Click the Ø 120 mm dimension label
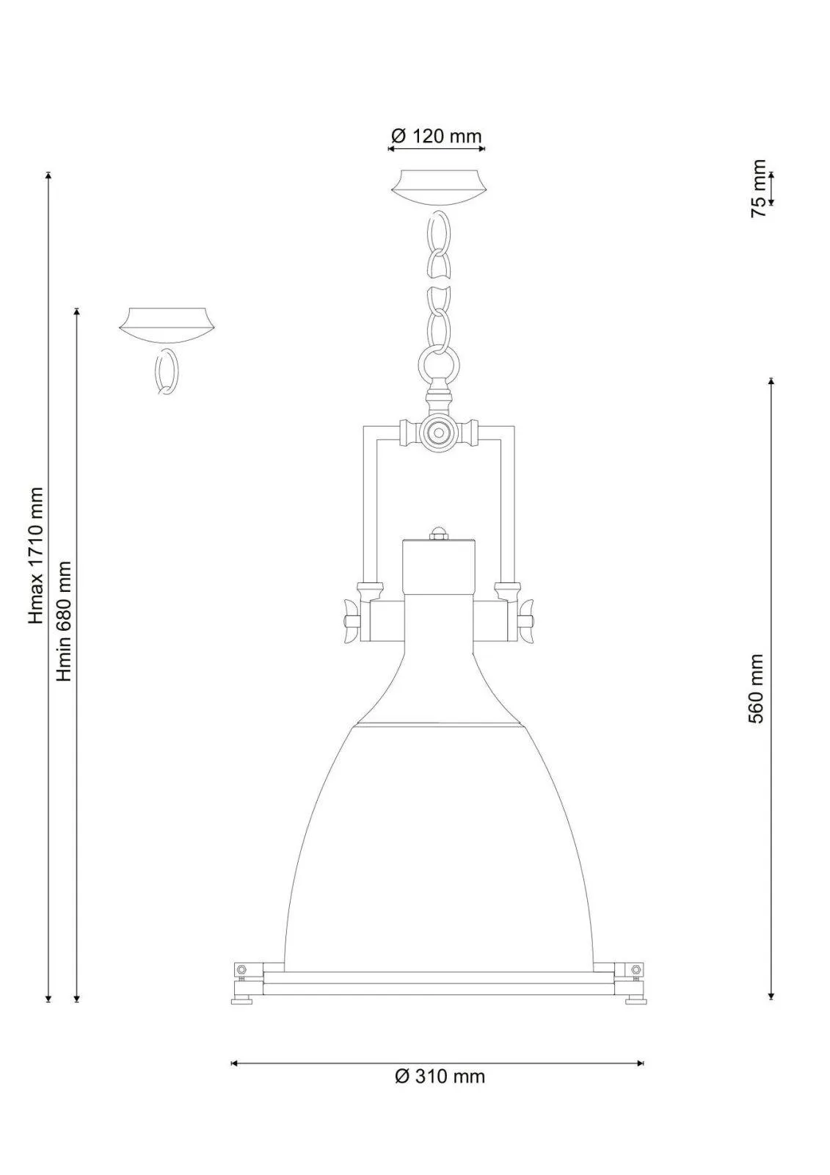tap(436, 137)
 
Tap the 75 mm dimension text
tap(758, 188)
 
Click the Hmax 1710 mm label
tap(36, 556)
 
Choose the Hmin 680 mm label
tap(65, 621)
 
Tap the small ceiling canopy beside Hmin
tap(167, 325)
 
